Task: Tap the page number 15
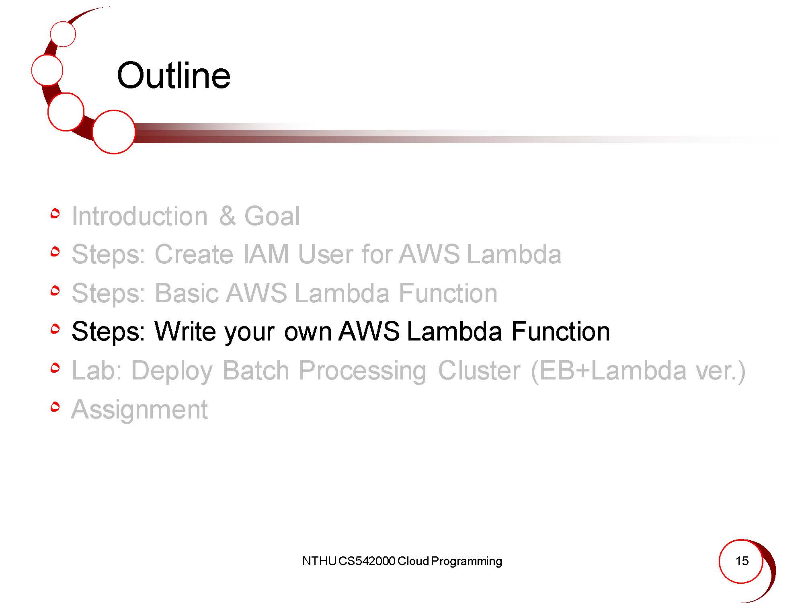[742, 561]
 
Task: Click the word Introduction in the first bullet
[139, 216]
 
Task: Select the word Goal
[272, 216]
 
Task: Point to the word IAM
[266, 254]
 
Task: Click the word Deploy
[172, 370]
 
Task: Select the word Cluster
[479, 370]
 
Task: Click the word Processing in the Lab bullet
[362, 370]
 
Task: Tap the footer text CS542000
[367, 561]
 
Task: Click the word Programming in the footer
[466, 561]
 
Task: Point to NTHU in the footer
[319, 561]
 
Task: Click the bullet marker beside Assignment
[55, 408]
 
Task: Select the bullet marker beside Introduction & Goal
[55, 213]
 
